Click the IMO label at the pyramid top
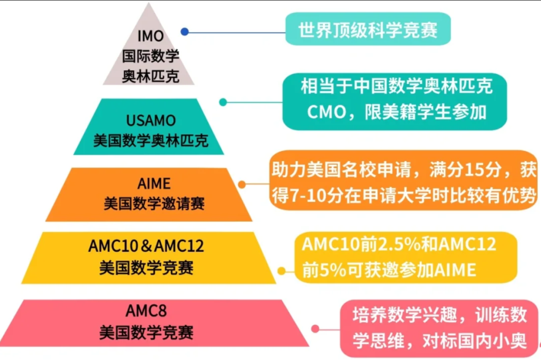click(x=150, y=36)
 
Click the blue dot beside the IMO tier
click(x=185, y=32)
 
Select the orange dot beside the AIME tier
click(x=242, y=184)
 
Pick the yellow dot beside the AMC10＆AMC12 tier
click(x=282, y=271)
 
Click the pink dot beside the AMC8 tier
click(x=315, y=328)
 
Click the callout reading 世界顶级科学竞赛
click(x=368, y=30)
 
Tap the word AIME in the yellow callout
click(x=454, y=270)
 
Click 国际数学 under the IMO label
click(x=150, y=56)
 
